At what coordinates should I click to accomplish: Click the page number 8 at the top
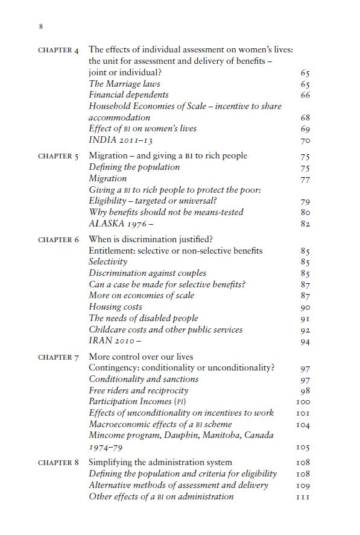(40, 27)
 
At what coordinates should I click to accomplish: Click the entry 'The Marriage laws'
(124, 84)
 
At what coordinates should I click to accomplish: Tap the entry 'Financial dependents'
(128, 95)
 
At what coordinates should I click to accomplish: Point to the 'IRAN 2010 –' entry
(116, 341)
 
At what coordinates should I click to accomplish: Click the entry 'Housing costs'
(116, 307)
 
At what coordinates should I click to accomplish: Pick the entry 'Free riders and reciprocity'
(139, 390)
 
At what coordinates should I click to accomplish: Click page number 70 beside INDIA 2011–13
(305, 141)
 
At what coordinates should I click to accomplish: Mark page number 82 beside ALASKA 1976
(305, 224)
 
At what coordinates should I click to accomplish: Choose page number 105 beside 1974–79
(303, 448)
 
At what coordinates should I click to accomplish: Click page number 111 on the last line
(303, 497)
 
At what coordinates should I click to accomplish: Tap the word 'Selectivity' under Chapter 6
(108, 261)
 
